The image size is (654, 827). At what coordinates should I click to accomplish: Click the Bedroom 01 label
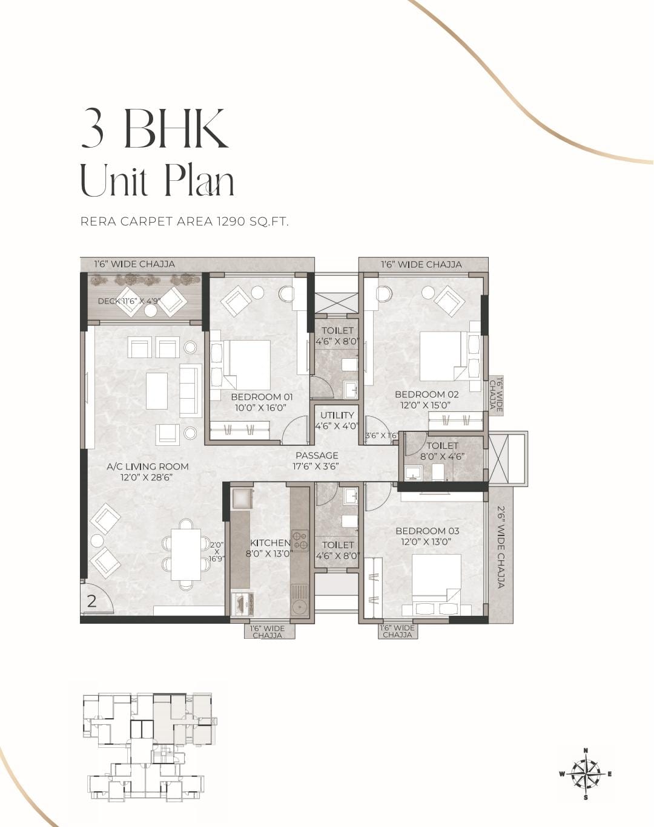pos(262,397)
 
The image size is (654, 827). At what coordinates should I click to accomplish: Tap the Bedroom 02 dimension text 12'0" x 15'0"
pos(425,405)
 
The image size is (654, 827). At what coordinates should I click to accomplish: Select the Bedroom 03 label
pos(428,531)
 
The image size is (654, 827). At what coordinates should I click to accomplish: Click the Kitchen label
pos(270,543)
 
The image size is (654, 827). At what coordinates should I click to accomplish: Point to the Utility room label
pos(337,415)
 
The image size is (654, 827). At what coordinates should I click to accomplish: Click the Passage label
pos(317,456)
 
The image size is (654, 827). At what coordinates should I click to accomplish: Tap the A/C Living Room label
pos(147,466)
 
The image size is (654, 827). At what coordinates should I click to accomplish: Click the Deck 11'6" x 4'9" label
pos(128,301)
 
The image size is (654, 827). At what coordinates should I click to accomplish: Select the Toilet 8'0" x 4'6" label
pos(443,451)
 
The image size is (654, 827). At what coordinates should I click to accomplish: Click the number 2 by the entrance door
pos(91,601)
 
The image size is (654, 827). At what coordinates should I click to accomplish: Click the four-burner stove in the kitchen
pos(300,540)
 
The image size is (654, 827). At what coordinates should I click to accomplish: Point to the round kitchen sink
pos(299,608)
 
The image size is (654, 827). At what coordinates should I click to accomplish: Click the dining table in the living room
pos(186,555)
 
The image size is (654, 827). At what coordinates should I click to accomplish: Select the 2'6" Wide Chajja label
pos(500,547)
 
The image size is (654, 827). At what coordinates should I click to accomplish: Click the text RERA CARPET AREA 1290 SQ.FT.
pos(184,222)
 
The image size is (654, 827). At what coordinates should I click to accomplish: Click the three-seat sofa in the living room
pos(191,390)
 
